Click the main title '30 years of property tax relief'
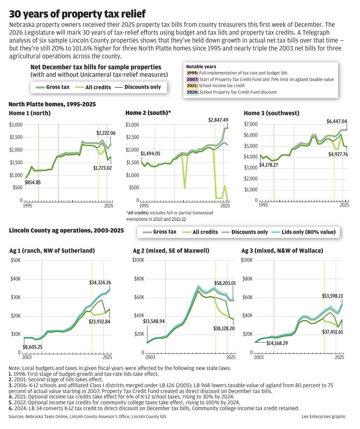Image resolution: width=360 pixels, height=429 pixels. click(x=77, y=14)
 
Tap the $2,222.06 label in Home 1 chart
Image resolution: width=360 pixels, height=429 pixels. click(x=106, y=133)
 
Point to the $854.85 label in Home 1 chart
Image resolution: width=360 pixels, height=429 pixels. click(x=33, y=182)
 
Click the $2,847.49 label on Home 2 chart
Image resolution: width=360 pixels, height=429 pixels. click(x=218, y=120)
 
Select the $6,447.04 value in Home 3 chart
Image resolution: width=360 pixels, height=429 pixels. click(x=336, y=121)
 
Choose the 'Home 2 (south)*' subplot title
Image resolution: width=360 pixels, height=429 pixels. click(x=148, y=113)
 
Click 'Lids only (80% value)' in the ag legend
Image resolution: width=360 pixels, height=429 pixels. click(x=308, y=232)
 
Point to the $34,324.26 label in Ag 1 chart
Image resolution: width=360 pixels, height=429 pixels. click(x=100, y=283)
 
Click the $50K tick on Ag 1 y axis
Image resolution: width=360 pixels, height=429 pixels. click(x=16, y=260)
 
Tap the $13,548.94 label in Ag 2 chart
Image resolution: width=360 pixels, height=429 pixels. click(x=154, y=321)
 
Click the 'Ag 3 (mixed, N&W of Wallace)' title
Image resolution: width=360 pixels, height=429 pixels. click(x=282, y=251)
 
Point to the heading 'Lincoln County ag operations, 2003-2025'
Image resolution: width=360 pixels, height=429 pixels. click(x=66, y=231)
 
